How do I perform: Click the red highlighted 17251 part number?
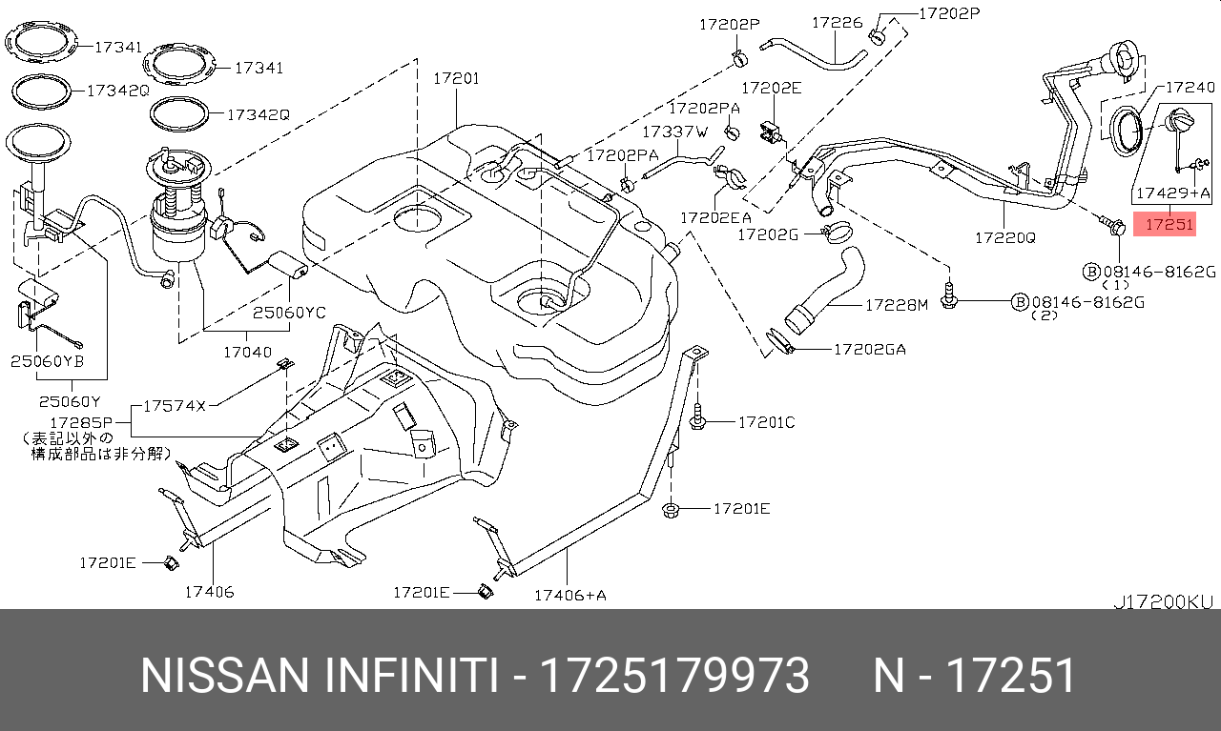(1169, 226)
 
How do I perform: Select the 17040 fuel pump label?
(247, 352)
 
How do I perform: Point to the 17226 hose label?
(837, 22)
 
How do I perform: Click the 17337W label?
(674, 132)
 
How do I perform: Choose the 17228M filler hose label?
(896, 305)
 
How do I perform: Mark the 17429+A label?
(1172, 193)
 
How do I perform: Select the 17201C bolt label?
(766, 421)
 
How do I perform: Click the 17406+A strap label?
(569, 596)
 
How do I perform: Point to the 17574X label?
(175, 405)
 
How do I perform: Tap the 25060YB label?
(48, 361)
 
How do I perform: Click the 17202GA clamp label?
(869, 350)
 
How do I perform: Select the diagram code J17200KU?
(1163, 602)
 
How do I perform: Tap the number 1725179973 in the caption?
(674, 676)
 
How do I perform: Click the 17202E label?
(771, 88)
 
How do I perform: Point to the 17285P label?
(81, 421)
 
